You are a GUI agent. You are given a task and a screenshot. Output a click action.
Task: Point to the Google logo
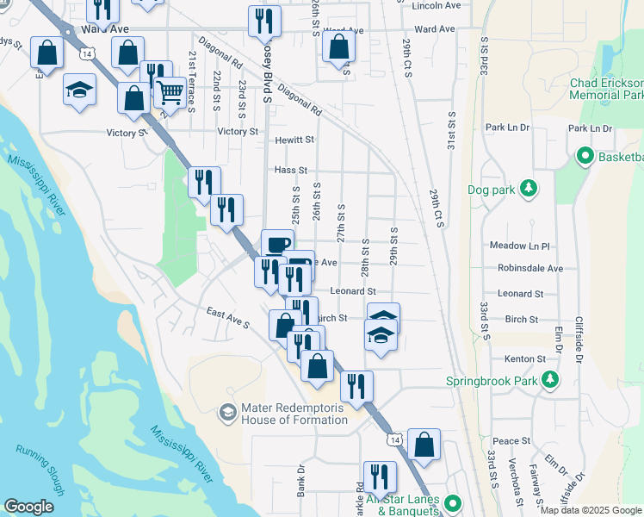[x=28, y=507]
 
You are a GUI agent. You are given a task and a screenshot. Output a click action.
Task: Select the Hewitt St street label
[x=294, y=140]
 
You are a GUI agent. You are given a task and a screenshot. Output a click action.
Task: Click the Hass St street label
[x=290, y=171]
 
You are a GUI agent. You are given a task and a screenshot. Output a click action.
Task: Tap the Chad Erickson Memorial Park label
[x=607, y=90]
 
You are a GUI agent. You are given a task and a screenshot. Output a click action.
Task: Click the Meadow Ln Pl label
[x=519, y=246]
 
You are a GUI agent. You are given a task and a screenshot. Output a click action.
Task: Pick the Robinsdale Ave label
[x=530, y=268]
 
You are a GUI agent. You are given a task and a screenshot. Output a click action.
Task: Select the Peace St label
[x=512, y=441]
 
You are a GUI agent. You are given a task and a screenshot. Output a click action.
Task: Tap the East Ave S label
[x=227, y=318]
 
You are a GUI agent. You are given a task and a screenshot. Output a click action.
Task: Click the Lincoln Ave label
[x=437, y=5]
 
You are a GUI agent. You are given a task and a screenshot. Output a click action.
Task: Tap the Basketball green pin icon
[x=585, y=157]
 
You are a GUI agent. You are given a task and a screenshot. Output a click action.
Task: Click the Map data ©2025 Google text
[x=590, y=510]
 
